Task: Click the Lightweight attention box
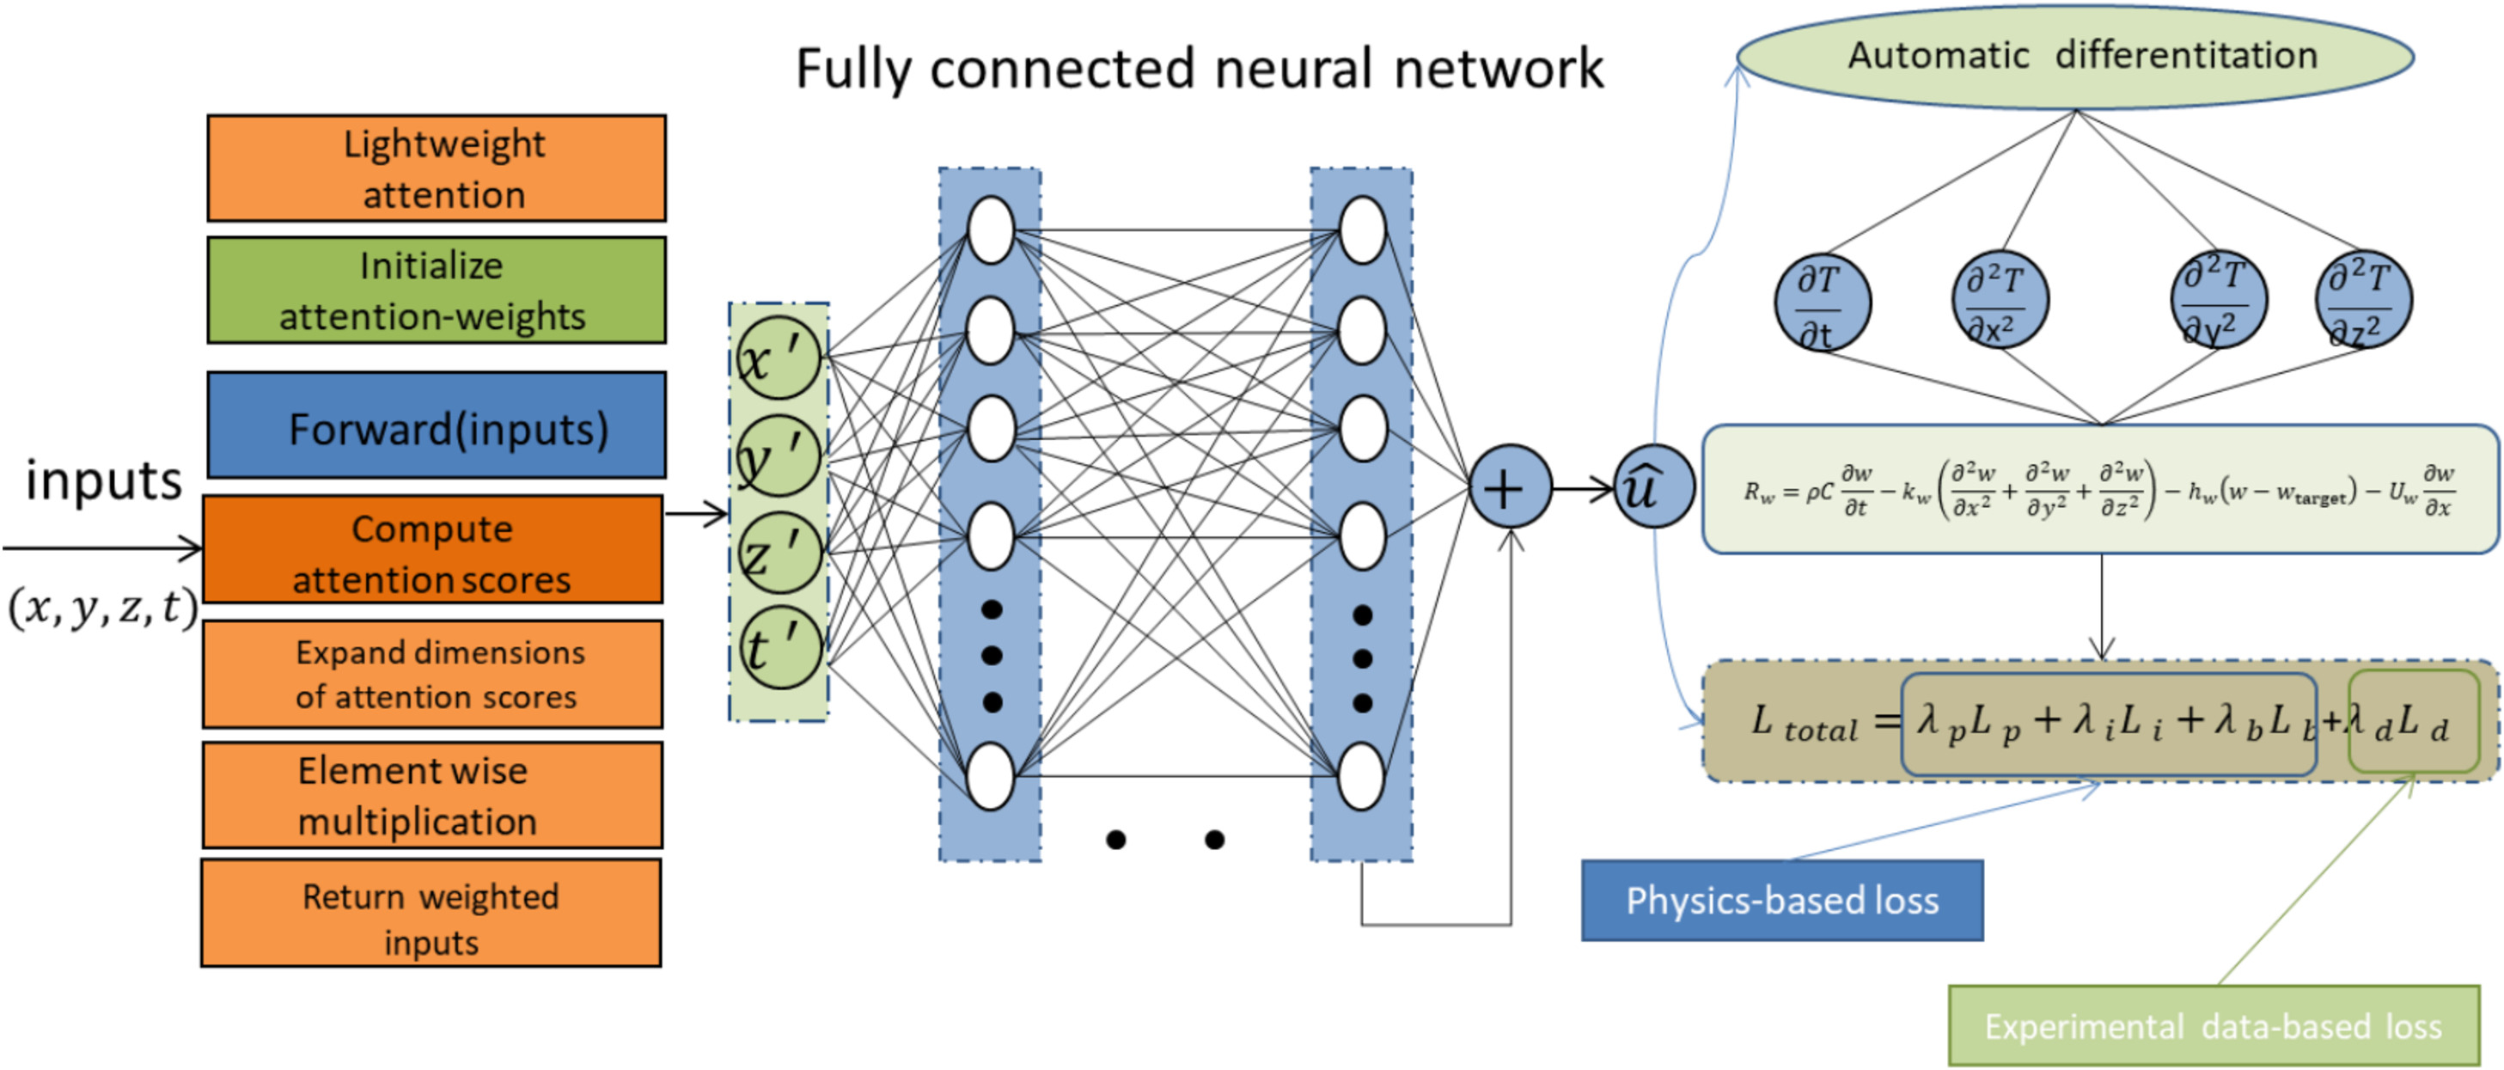point(437,168)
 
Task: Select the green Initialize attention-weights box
point(437,290)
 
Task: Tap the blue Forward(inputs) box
point(437,425)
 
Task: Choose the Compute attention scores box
point(432,550)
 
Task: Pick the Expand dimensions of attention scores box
point(432,675)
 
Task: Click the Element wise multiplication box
point(432,795)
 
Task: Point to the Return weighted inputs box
point(431,914)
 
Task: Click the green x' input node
point(779,358)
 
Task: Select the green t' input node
point(779,646)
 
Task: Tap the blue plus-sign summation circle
point(1510,488)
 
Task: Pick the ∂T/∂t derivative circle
point(1822,303)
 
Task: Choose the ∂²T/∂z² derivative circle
point(2363,299)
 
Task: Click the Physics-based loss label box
point(1782,901)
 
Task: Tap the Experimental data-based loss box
point(2214,1027)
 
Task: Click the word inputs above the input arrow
point(103,481)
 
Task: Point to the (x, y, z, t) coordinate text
point(103,608)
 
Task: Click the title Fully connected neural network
point(1199,70)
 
